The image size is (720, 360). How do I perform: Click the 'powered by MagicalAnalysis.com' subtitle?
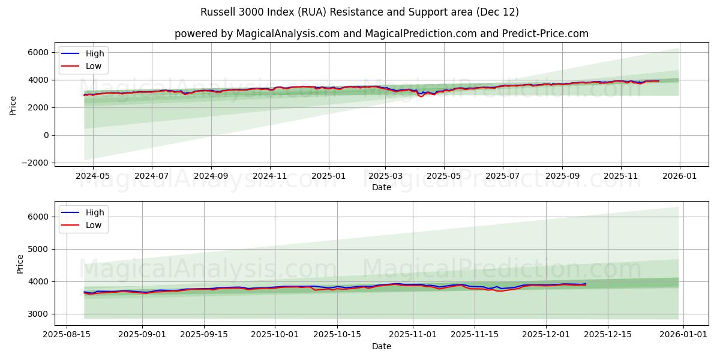coord(381,34)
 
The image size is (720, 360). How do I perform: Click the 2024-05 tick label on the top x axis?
coord(93,176)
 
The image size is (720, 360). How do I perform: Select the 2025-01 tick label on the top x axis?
coord(328,176)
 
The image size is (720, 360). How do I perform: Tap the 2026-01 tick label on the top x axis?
coord(679,176)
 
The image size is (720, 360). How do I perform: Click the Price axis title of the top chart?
coord(13,104)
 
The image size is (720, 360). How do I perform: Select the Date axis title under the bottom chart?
coord(381,346)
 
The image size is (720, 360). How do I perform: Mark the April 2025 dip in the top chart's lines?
coord(421,95)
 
